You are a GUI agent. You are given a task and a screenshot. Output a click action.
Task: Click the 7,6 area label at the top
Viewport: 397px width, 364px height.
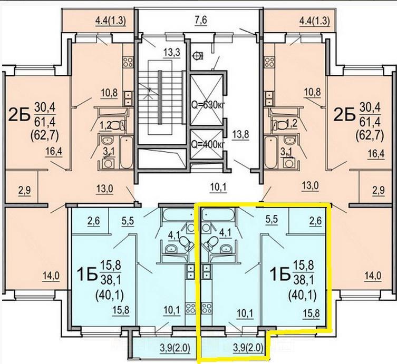coord(201,20)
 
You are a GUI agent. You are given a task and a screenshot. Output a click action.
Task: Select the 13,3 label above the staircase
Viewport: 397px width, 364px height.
coord(171,53)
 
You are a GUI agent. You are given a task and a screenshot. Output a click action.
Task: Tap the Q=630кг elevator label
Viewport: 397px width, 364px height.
coord(208,104)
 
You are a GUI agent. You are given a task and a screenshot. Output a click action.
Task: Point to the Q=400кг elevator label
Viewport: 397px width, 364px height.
coord(208,144)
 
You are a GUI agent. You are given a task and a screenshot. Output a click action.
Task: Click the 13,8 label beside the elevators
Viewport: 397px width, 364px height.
coord(241,134)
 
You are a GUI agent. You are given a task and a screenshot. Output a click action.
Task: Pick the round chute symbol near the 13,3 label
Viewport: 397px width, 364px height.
coord(198,55)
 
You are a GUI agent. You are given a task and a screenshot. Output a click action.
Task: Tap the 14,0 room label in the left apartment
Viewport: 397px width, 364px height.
coord(51,276)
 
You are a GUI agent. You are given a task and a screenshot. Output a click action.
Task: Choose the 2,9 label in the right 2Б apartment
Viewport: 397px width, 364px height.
coord(379,190)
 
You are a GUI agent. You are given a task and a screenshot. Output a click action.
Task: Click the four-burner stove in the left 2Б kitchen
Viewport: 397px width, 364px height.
coord(128,62)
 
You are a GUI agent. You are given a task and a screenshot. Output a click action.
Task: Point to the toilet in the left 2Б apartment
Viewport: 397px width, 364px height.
coord(117,125)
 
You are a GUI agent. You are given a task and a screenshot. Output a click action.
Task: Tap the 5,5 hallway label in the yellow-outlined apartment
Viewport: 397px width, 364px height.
coord(272,220)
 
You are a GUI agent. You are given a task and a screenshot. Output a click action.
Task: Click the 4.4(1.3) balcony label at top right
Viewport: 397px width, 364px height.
coord(315,21)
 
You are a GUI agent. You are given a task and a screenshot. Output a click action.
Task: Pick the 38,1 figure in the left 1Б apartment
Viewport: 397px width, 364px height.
coord(111,280)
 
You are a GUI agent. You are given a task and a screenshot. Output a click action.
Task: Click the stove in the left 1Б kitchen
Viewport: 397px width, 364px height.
coord(190,308)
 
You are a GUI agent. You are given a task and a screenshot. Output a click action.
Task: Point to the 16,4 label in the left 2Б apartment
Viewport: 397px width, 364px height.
coord(54,152)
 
